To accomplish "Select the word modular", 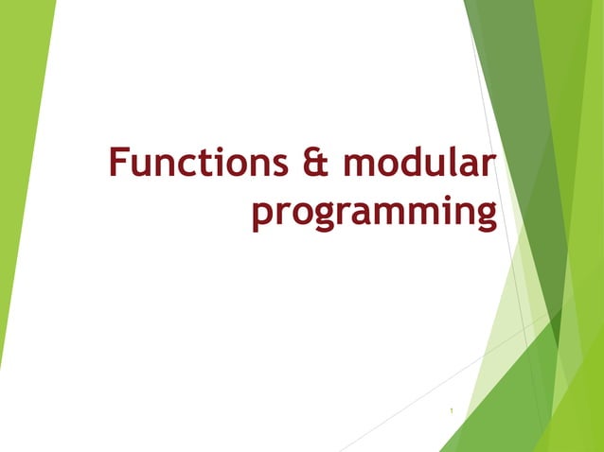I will [x=417, y=162].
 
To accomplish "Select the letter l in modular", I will [x=453, y=160].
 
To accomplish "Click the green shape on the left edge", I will [x=19, y=142].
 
